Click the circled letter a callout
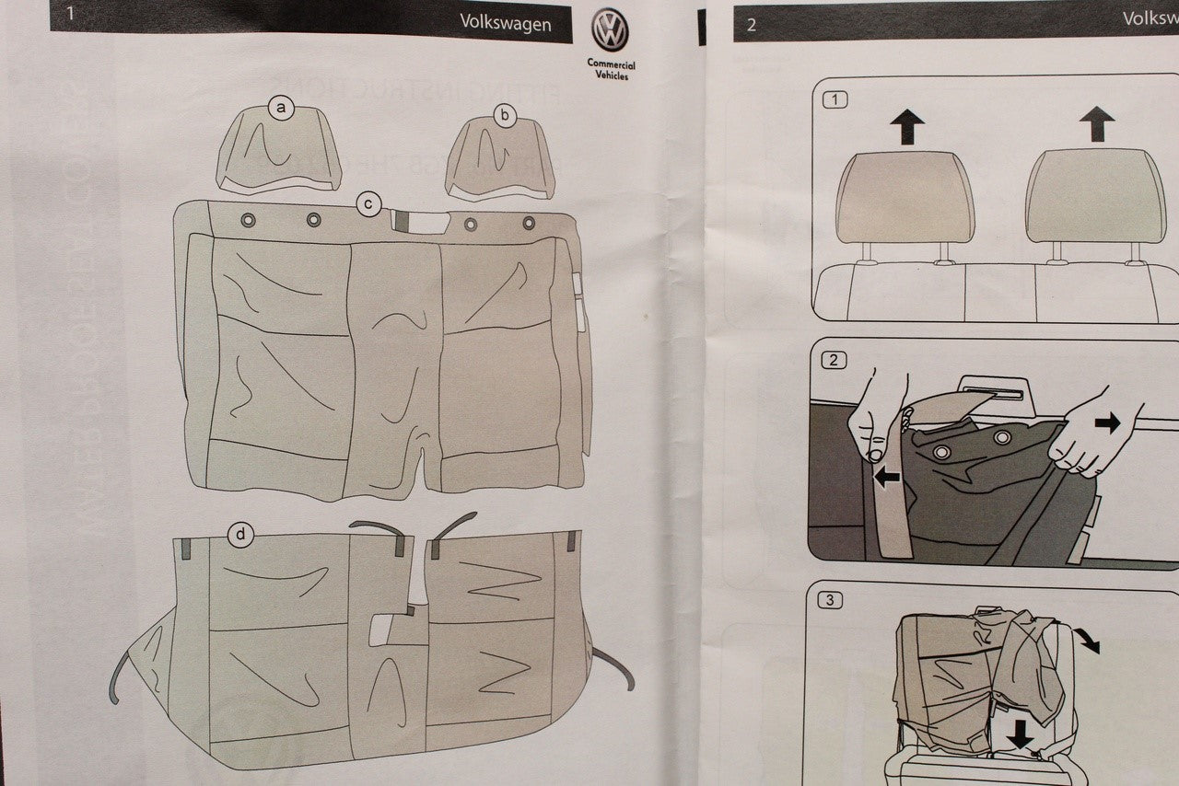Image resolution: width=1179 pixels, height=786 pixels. coord(281,109)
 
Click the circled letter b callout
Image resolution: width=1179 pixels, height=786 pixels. coord(505,115)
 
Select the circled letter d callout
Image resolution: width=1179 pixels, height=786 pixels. coord(240,534)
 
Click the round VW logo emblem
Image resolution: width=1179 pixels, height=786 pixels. coord(610,30)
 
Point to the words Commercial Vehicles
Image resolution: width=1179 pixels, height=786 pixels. coord(611,70)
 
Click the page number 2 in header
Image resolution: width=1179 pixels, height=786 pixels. coord(751,25)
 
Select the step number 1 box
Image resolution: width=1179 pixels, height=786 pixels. coord(834,99)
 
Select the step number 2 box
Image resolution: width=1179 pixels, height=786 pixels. coord(834,361)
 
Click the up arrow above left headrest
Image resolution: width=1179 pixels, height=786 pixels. coord(907,125)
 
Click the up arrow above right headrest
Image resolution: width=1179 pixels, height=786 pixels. coord(1096,123)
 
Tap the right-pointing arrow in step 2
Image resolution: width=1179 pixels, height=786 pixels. coord(1107,422)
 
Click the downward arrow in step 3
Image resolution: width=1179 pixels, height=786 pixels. coord(1020,734)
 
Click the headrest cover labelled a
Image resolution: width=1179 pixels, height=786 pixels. coord(279,152)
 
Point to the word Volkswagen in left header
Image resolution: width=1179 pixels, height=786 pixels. coord(506,24)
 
